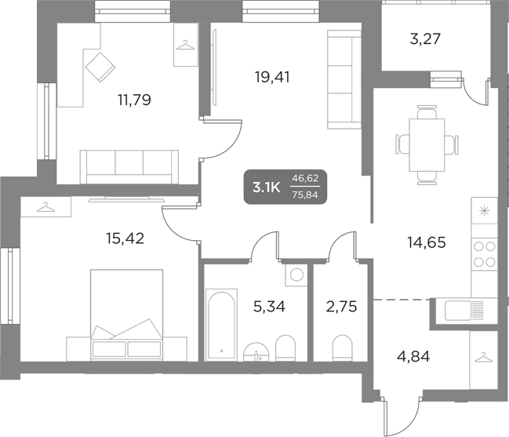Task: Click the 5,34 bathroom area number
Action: [268, 306]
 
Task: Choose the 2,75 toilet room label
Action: [341, 306]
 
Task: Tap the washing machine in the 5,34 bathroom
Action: [296, 275]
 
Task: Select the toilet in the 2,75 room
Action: [342, 346]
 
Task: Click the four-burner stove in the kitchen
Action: [485, 254]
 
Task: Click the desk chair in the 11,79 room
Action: [100, 65]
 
